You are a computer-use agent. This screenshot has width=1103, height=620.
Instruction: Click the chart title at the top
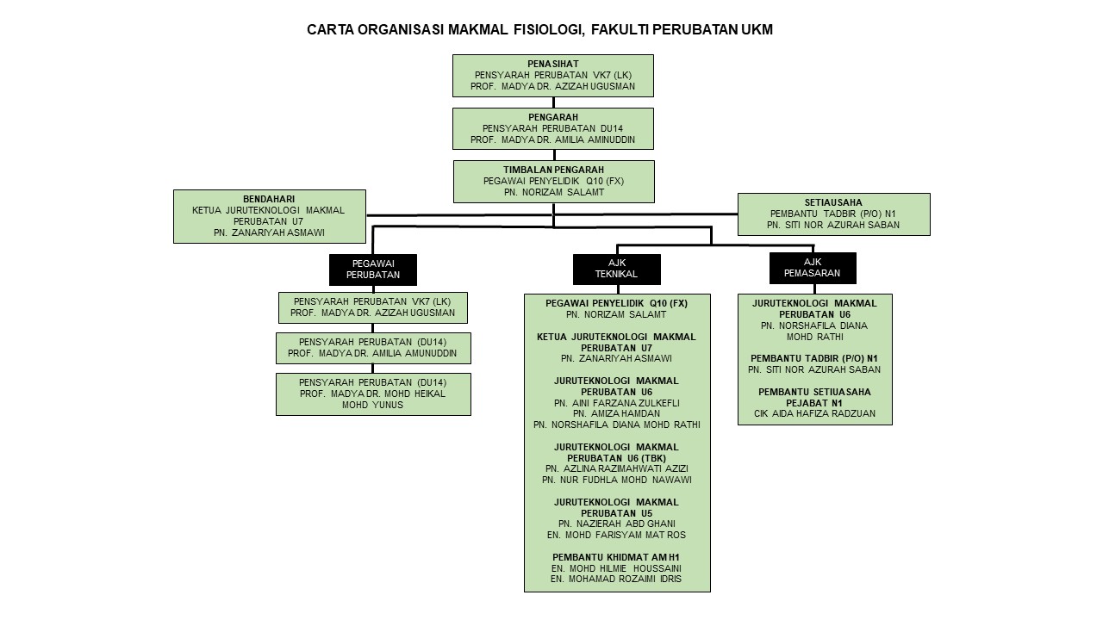[539, 30]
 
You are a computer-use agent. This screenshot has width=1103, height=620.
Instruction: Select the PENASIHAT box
[552, 76]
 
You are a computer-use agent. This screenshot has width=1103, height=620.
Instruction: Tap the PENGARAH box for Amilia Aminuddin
[552, 128]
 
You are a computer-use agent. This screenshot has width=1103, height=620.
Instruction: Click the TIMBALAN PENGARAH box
[553, 181]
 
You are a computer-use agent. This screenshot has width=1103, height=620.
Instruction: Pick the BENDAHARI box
[269, 216]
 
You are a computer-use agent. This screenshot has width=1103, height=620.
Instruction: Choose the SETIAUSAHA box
[833, 214]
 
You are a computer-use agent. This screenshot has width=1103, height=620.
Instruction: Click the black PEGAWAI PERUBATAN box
[372, 270]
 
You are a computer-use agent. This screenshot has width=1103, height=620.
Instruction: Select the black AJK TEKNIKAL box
[616, 270]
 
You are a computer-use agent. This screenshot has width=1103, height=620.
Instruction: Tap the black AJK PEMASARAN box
[812, 268]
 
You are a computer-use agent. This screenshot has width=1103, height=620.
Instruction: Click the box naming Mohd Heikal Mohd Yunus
[373, 394]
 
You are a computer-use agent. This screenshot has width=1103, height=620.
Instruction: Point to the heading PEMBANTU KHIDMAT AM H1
[616, 556]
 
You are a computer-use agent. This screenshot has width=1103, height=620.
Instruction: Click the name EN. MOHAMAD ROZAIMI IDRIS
[616, 579]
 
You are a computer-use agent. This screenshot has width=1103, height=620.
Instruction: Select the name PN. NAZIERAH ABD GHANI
[616, 524]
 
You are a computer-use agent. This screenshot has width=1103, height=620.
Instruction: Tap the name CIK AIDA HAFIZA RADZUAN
[814, 413]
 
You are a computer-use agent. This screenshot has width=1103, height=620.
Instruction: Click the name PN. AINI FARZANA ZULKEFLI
[616, 402]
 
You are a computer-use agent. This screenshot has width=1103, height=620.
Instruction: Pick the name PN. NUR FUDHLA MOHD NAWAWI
[616, 480]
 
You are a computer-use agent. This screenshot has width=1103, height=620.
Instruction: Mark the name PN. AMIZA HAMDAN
[616, 413]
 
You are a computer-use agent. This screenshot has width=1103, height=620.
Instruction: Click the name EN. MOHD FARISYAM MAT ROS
[616, 535]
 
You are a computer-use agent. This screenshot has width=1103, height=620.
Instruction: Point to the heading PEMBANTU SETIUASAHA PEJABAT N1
[814, 397]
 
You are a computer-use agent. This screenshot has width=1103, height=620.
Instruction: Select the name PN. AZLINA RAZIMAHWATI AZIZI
[616, 468]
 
